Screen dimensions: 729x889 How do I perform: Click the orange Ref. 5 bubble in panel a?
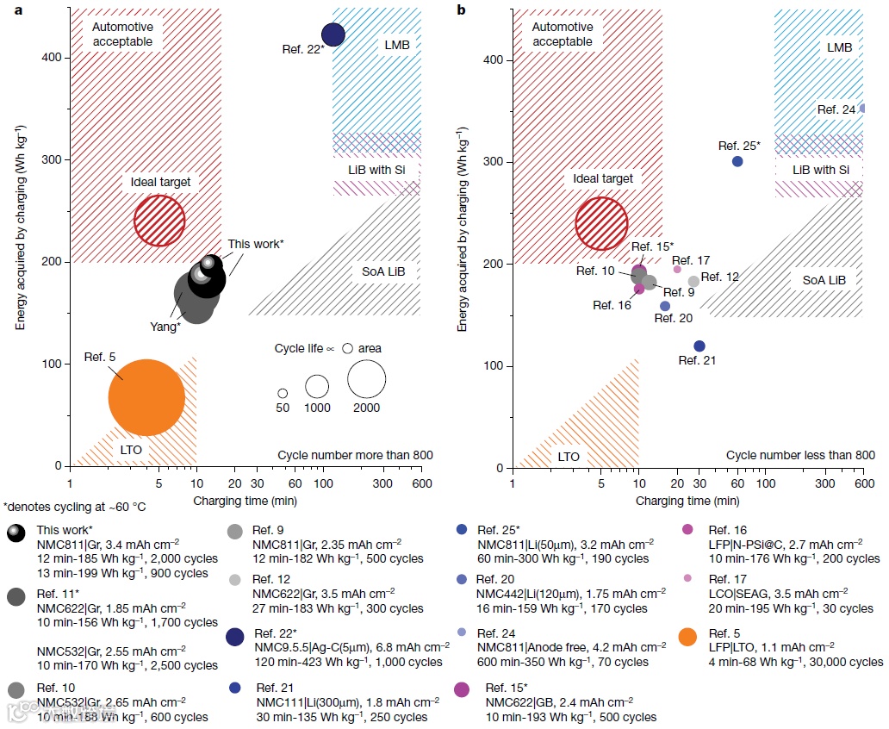[x=146, y=398]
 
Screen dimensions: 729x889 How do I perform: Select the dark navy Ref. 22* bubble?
[x=333, y=34]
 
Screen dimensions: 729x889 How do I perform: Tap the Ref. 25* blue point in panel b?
[x=737, y=161]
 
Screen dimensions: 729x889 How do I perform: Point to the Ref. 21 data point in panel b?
[x=699, y=346]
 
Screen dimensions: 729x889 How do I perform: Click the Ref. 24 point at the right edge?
[x=862, y=109]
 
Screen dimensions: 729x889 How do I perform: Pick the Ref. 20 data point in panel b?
[x=664, y=306]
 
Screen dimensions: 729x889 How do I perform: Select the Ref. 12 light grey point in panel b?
[x=693, y=282]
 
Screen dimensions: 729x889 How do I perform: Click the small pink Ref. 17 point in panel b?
[x=677, y=269]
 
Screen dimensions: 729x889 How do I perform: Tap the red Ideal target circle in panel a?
[x=159, y=220]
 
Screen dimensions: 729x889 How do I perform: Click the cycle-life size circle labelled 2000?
[x=366, y=377]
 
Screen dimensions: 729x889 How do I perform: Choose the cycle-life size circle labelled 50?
[x=283, y=393]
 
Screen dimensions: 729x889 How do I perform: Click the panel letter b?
[x=462, y=9]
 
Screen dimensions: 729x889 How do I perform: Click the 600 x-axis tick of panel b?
[x=863, y=484]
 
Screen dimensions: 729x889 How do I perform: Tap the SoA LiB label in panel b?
[x=824, y=280]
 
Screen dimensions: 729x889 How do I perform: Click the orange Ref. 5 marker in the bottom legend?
[x=688, y=637]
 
